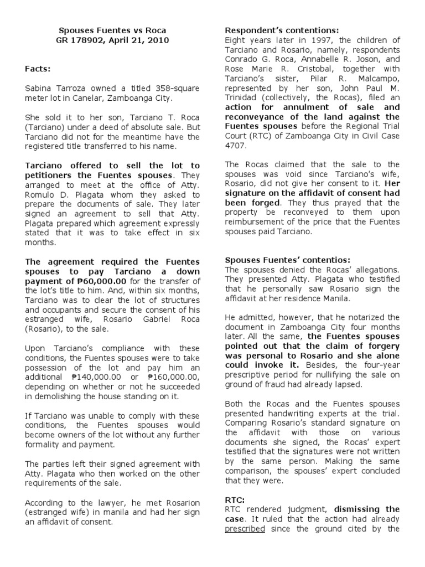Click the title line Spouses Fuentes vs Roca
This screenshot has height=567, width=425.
[x=112, y=30]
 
